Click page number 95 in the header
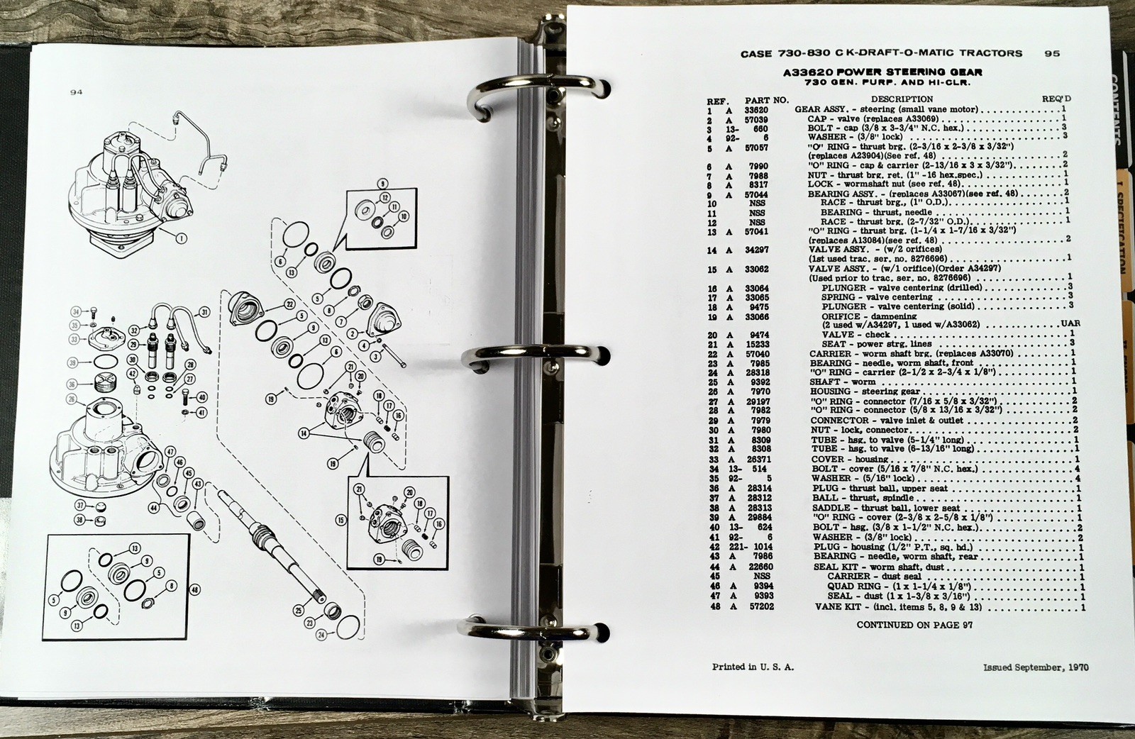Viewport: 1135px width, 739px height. [x=1052, y=53]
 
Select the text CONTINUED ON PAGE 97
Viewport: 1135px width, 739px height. [x=914, y=625]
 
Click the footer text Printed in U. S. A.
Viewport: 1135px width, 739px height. [x=753, y=667]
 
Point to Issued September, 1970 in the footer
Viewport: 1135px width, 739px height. [x=1036, y=667]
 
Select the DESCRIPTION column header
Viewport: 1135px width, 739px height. [x=902, y=99]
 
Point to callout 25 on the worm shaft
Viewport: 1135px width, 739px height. [x=298, y=609]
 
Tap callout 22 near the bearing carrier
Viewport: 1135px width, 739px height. [x=289, y=304]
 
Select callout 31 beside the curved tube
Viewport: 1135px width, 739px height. [x=204, y=312]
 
